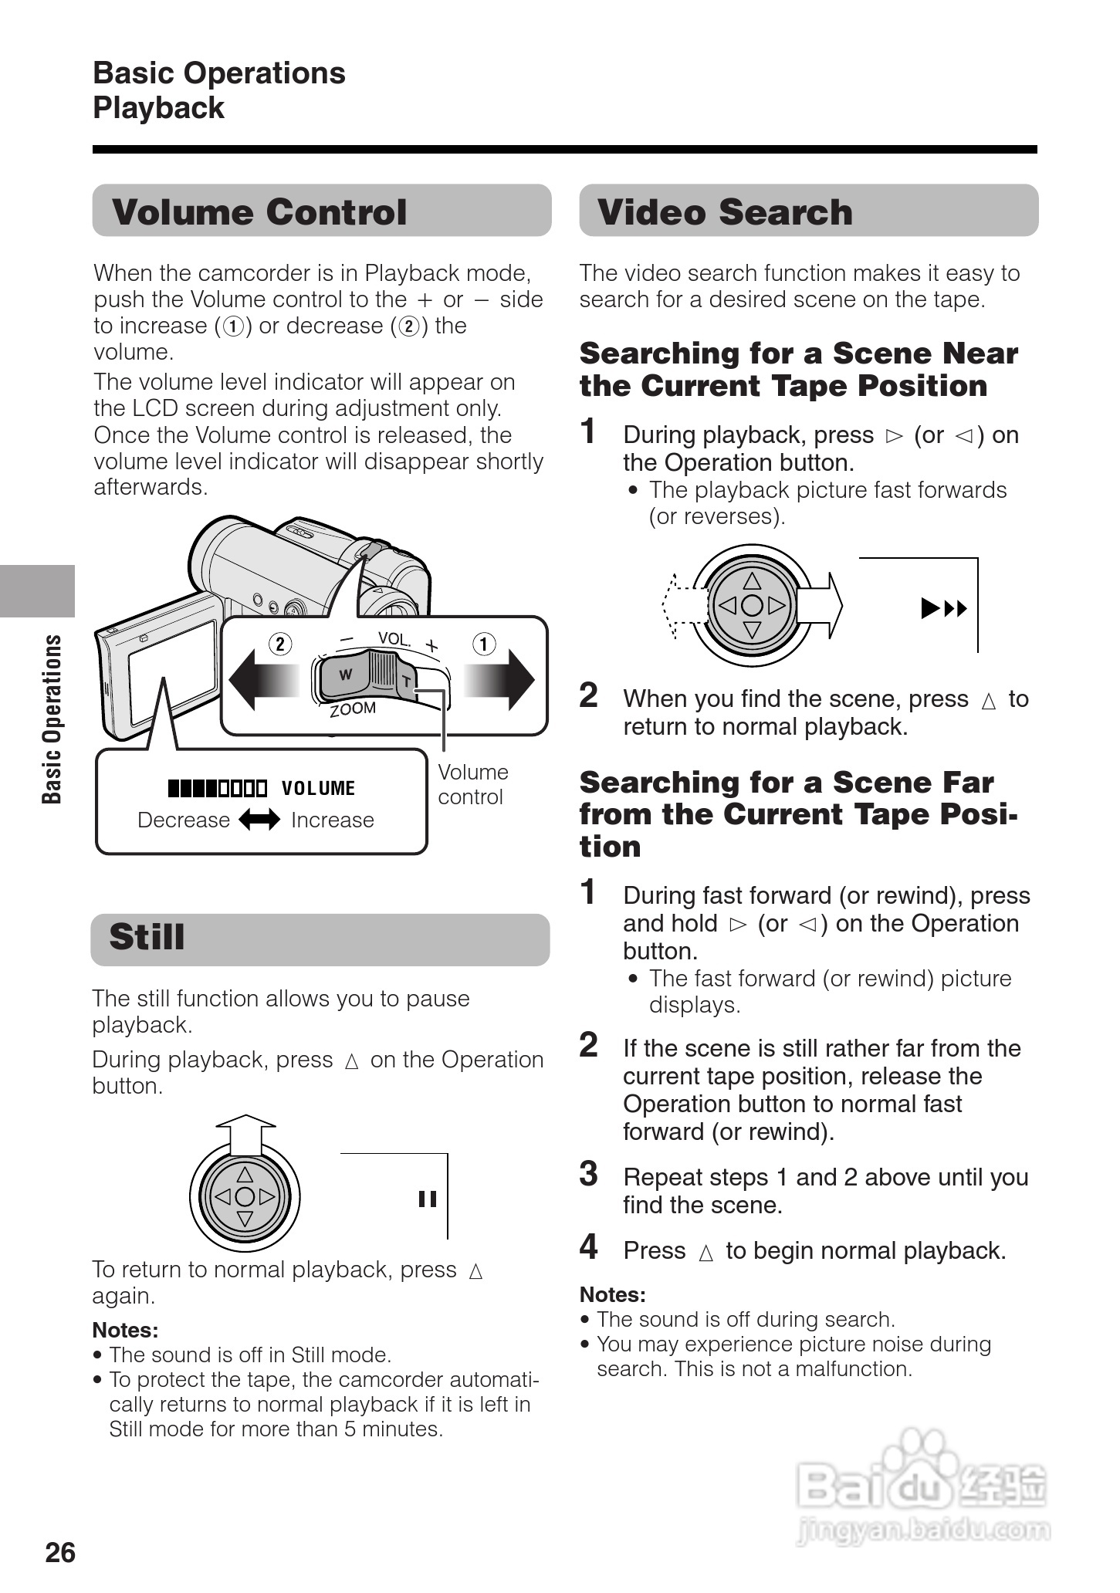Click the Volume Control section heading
(x=259, y=212)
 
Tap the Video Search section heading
(x=725, y=212)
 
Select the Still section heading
(x=147, y=937)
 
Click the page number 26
(x=60, y=1551)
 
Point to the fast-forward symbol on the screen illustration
(x=944, y=609)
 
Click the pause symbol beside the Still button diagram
(x=428, y=1199)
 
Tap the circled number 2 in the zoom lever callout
(x=280, y=644)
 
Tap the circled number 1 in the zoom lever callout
(x=484, y=644)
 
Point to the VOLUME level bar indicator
(x=218, y=788)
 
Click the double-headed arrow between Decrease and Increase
(x=259, y=820)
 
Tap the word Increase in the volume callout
(x=332, y=820)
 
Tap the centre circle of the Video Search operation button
(x=752, y=606)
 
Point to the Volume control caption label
(x=472, y=784)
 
